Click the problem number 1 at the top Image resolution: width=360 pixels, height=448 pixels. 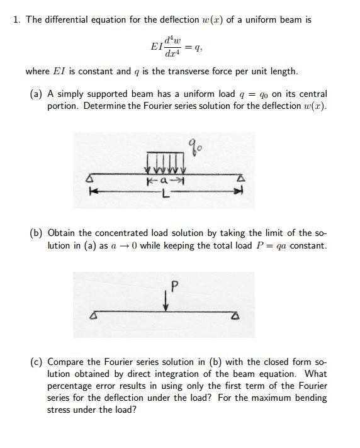tap(16, 20)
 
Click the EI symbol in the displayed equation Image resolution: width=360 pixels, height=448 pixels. tap(157, 46)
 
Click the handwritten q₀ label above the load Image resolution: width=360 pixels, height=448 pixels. tap(193, 150)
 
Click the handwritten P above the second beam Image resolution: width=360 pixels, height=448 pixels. tap(174, 286)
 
